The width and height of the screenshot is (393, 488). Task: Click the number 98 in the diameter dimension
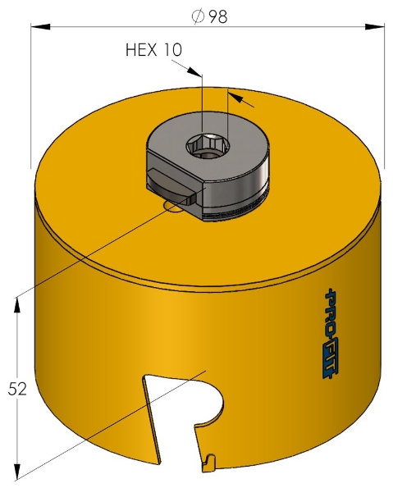click(217, 16)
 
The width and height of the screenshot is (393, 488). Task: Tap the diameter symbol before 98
click(197, 16)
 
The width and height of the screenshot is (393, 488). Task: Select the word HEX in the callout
click(142, 49)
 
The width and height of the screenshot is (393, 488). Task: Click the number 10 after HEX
click(172, 49)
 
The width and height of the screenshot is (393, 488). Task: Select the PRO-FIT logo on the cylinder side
click(332, 331)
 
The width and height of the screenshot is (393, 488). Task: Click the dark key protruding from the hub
click(168, 180)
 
